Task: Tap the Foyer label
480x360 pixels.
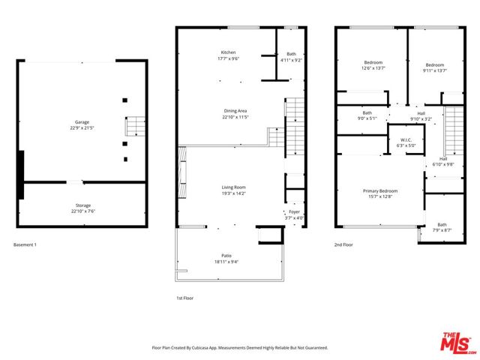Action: [x=294, y=211]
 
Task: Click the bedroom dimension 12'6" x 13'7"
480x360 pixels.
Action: [x=373, y=68]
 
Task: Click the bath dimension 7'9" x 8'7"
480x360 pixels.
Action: [x=442, y=230]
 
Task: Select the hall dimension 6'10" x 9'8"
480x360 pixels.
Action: [x=443, y=164]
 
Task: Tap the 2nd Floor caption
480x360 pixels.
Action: [x=343, y=244]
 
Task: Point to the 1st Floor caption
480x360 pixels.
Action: [x=185, y=298]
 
